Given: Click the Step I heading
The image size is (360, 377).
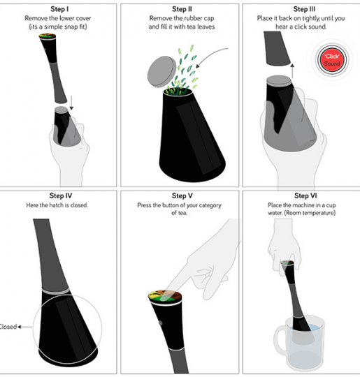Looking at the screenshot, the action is coord(59,9).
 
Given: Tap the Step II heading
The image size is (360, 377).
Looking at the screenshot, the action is coord(182,9).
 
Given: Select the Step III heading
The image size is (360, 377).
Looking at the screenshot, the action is coord(304,9).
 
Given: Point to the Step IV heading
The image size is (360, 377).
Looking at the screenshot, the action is coord(61,195).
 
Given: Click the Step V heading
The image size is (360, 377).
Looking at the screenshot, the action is coord(182,195).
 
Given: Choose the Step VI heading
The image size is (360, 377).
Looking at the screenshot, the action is coord(305,195).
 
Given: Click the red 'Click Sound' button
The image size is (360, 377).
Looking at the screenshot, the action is coord(332,60).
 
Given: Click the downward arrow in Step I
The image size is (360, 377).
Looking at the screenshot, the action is coord(71,103).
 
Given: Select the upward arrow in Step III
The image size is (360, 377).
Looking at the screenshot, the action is coord(292,71).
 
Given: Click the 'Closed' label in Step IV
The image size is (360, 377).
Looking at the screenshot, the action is coord(8,327).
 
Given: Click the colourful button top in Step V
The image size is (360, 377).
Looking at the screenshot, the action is coord(165,296).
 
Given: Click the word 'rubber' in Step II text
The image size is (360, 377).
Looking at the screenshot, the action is coord(194,18).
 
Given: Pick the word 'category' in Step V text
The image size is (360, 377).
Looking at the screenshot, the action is coord(210,205).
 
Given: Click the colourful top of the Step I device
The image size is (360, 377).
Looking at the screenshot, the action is coord(48,36).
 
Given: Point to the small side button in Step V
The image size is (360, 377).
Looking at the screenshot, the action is coord(161,323).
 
